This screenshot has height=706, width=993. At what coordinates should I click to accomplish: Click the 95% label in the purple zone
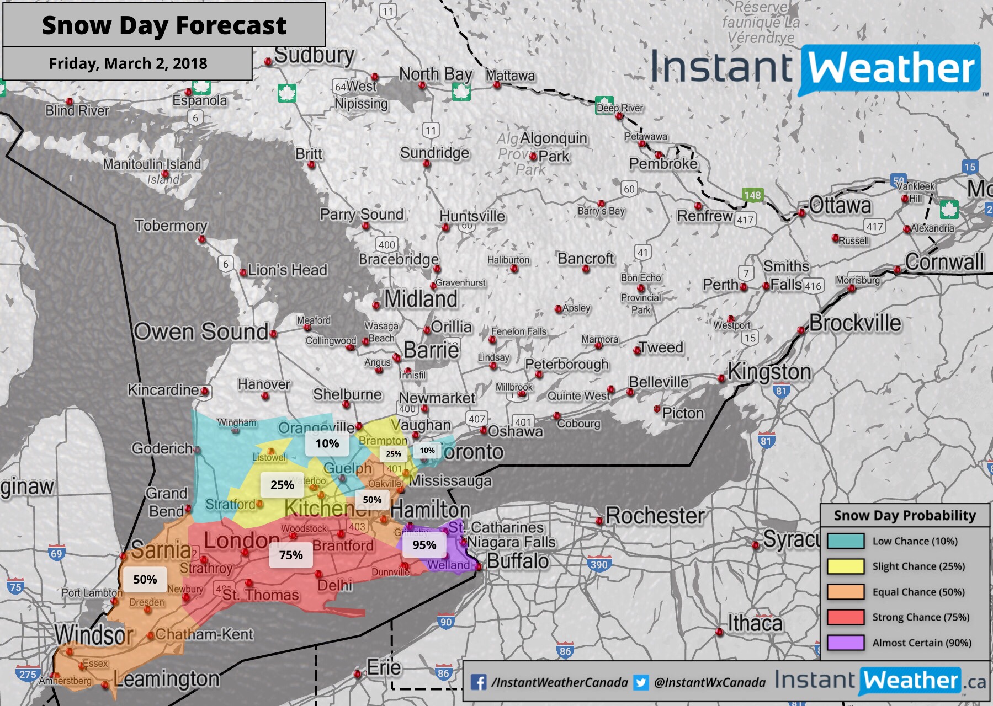coord(424,545)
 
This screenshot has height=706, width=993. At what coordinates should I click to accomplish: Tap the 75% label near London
coord(291,555)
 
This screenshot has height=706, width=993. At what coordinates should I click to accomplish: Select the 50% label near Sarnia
coord(145,579)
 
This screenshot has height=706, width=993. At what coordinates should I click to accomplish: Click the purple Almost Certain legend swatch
coord(845,643)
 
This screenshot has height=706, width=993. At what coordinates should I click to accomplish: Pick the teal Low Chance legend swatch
coord(845,541)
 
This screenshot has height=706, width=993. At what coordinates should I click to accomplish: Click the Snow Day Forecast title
coord(164,25)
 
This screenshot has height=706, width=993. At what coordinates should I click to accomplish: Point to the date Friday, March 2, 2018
coord(128,63)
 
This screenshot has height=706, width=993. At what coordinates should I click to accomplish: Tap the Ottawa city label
coord(840,206)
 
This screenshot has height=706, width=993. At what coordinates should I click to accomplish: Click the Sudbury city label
coord(314,55)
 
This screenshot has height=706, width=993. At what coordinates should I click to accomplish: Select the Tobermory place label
coord(171,225)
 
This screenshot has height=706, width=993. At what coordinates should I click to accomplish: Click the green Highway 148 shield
coord(752,195)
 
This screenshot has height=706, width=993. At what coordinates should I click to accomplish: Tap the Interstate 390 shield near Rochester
coord(598,564)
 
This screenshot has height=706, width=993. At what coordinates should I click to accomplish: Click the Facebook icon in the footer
coord(479,682)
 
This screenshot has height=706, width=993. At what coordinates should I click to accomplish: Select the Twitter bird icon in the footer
coord(641,682)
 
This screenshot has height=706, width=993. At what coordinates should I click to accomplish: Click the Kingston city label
coord(769,372)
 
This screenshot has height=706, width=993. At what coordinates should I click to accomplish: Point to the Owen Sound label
coord(201,332)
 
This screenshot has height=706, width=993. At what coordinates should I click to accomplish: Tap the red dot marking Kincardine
coord(205,391)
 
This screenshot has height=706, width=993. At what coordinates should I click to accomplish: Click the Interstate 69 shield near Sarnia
coord(56,553)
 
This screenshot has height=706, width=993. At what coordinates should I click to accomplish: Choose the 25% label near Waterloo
coord(282,485)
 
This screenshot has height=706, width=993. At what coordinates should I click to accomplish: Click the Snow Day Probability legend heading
coord(905,516)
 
